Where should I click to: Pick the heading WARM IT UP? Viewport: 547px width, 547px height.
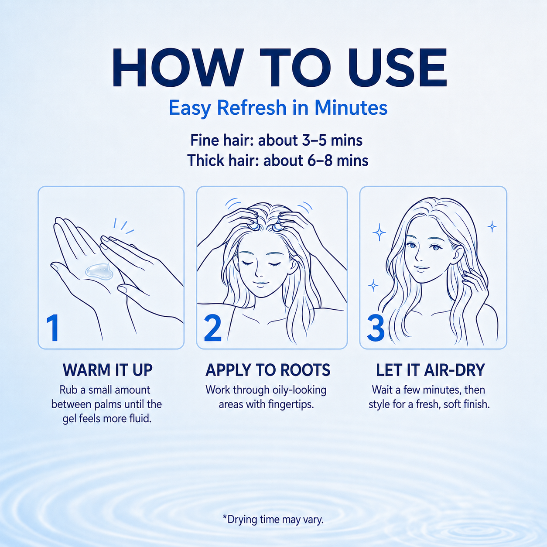108,370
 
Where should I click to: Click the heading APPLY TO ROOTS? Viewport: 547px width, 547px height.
268,370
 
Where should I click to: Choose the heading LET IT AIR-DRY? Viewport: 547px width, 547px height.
431,370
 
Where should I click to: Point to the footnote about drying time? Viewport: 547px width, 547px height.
273,520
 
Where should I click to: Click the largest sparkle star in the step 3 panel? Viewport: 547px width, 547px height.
379,232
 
